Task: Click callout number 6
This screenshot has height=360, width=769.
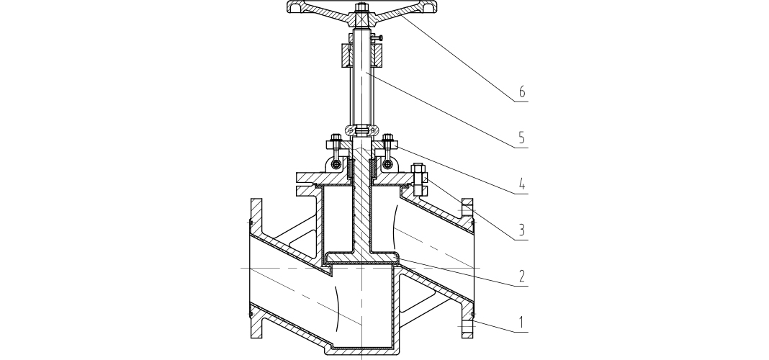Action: tap(522, 91)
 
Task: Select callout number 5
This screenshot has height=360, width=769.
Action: tap(522, 138)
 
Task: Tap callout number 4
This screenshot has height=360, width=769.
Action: tap(522, 185)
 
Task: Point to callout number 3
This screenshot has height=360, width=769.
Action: tap(522, 230)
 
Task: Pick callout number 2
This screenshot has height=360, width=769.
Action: tap(522, 276)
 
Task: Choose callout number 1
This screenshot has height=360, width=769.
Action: tap(522, 323)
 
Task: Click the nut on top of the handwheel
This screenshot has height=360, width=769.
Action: tap(362, 7)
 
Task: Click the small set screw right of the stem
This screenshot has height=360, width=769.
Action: tap(377, 37)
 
